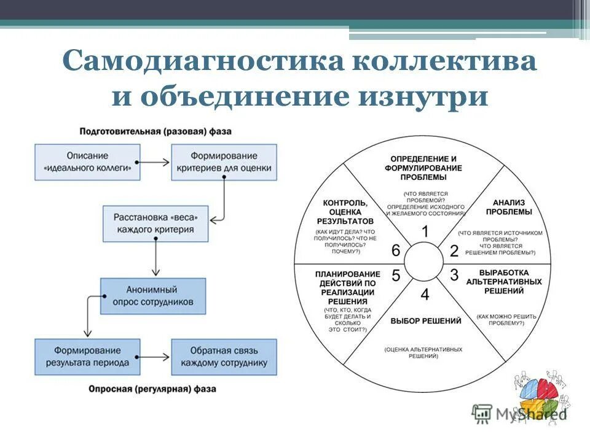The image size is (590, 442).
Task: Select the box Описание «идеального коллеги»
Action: coord(88,161)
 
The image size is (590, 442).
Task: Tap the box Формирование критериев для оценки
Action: coord(224,161)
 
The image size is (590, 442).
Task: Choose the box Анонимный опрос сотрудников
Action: coord(153,296)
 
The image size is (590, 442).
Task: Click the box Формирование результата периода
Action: coord(88,357)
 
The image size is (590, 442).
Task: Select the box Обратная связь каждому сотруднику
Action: coord(224,357)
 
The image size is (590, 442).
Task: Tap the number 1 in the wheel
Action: coord(424,231)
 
